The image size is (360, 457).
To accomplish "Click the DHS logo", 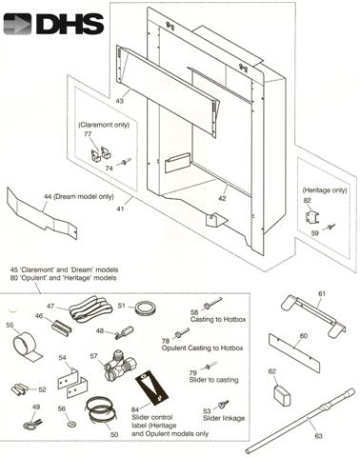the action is pyautogui.click(x=53, y=24).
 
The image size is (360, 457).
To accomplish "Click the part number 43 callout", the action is pyautogui.click(x=120, y=101).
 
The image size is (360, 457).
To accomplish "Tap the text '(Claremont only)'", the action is pyautogui.click(x=104, y=125).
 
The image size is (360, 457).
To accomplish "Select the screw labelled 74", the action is pyautogui.click(x=126, y=162).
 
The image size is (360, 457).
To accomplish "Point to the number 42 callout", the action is pyautogui.click(x=222, y=198).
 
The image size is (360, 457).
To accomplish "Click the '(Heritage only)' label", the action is pyautogui.click(x=325, y=190).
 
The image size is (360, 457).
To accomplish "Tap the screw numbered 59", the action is pyautogui.click(x=330, y=227).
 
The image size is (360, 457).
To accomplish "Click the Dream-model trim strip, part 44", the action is pyautogui.click(x=42, y=213).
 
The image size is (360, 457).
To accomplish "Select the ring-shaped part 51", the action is pyautogui.click(x=147, y=308).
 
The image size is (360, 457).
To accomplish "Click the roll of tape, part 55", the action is pyautogui.click(x=26, y=346).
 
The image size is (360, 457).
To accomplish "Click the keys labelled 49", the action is pyautogui.click(x=32, y=424).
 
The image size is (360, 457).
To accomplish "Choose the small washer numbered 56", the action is pyautogui.click(x=70, y=424).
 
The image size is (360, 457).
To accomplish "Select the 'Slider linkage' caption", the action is pyautogui.click(x=224, y=418).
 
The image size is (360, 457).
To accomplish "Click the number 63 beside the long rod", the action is pyautogui.click(x=318, y=436).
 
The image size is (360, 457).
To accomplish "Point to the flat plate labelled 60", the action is pyautogui.click(x=294, y=353).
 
